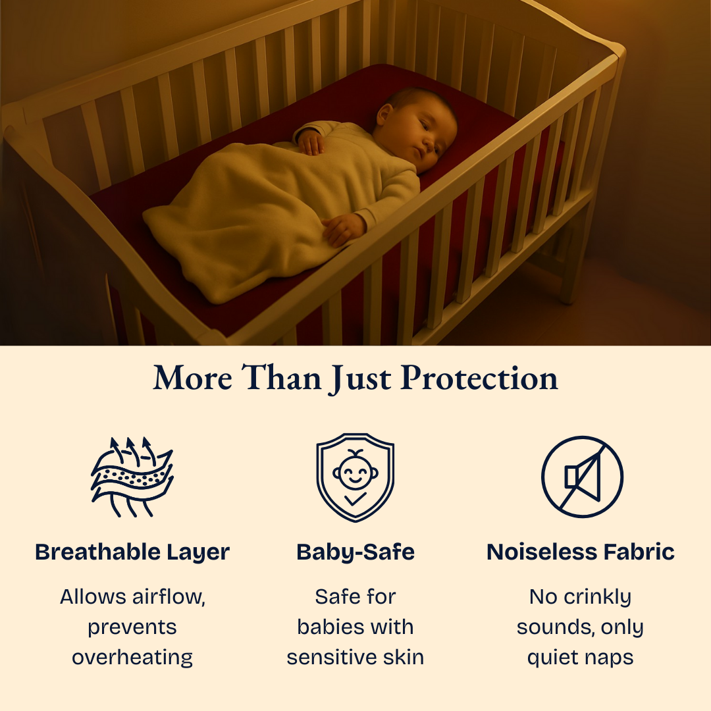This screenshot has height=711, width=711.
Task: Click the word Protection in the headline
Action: click(x=479, y=379)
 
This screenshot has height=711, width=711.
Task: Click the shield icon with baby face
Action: click(x=355, y=477)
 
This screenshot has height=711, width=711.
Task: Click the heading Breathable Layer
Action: click(x=132, y=552)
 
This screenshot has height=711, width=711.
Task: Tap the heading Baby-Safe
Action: click(x=355, y=552)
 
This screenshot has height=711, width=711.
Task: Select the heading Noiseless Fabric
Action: click(x=581, y=552)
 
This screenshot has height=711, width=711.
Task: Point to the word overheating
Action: click(x=132, y=657)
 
